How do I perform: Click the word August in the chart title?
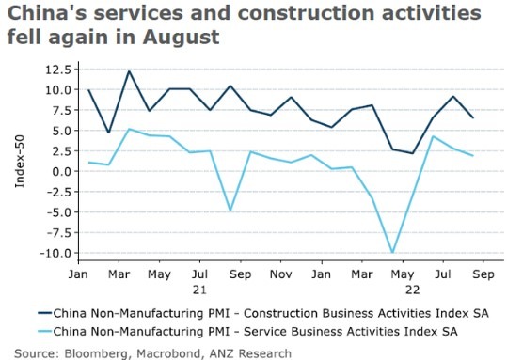click(175, 39)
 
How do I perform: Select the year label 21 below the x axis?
click(200, 289)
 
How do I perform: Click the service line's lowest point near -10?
click(392, 252)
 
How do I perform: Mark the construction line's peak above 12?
click(129, 71)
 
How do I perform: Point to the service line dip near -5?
click(230, 210)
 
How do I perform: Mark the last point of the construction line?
click(472, 117)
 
